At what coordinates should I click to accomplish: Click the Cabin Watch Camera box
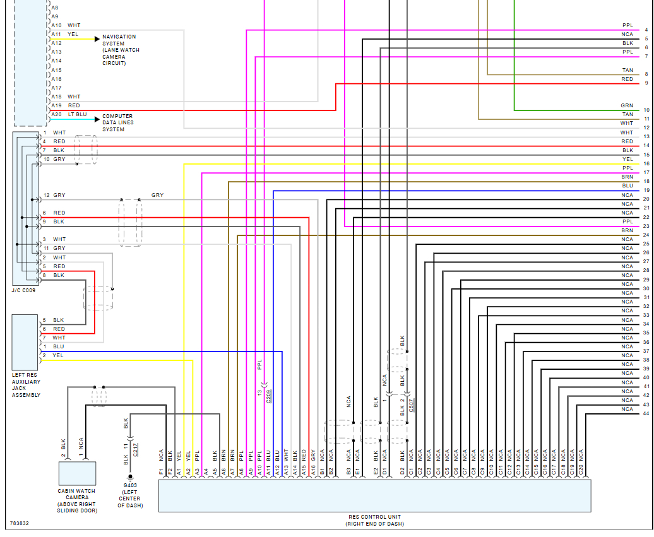coord(77,473)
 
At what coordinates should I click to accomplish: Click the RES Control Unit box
coord(374,495)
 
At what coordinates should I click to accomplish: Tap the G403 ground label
coord(130,486)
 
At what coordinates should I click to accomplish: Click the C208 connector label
coord(268,396)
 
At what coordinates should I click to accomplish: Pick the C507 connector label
coord(411,405)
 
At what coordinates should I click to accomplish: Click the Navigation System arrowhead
coord(97,39)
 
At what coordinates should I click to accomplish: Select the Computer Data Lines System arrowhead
coord(97,119)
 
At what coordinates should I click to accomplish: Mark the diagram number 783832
coord(20,523)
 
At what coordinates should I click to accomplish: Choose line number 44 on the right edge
coord(646,413)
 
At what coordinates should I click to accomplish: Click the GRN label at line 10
coord(626,105)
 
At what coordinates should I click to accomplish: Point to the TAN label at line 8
coord(627,70)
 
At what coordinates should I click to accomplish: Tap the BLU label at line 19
coord(627,186)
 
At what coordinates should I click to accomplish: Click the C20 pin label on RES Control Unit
coord(581,470)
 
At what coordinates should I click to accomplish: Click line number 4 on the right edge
coord(646,30)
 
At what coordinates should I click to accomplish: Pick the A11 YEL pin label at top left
coord(56,34)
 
